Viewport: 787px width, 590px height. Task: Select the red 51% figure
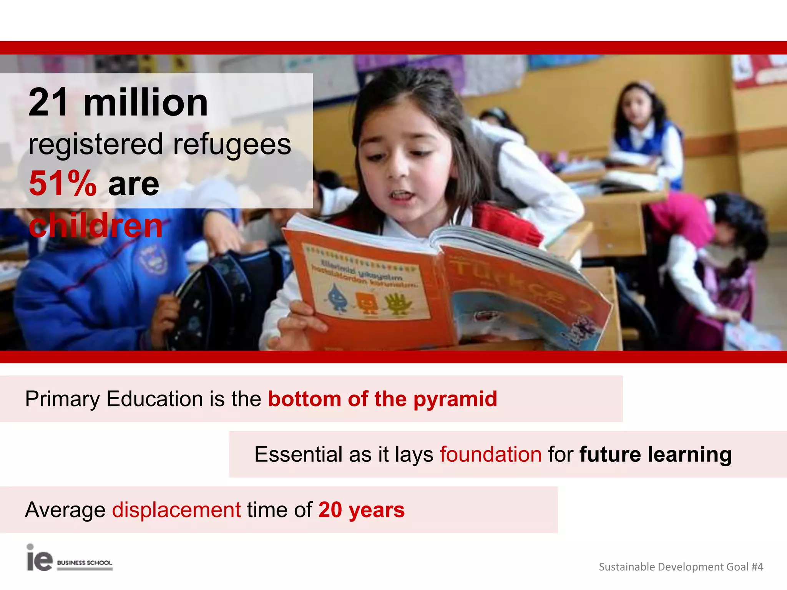[63, 184]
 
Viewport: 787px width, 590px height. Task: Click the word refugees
[232, 144]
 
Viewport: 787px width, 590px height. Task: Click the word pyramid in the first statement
[455, 399]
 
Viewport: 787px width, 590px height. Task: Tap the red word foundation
[491, 454]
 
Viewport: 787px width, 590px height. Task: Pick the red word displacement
[176, 510]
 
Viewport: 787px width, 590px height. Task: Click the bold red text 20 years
[361, 510]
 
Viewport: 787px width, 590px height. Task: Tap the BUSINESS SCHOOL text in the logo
[85, 563]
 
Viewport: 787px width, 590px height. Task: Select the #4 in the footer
[757, 567]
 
